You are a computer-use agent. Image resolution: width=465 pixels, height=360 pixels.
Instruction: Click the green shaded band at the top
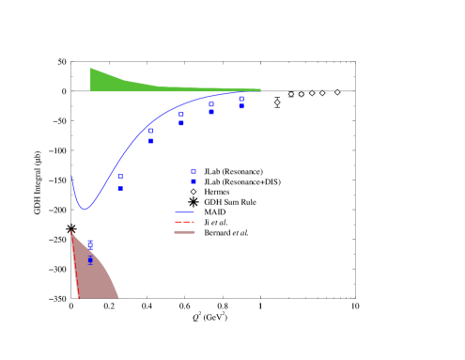coord(113,81)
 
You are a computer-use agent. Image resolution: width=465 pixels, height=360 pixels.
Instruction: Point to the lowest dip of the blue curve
coord(85,208)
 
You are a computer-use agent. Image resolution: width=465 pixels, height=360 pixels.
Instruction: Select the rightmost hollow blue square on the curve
coord(241,98)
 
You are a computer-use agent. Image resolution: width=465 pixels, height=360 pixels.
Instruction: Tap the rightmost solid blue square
coord(241,106)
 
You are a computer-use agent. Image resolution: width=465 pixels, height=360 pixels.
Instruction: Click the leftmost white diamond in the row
coord(277,102)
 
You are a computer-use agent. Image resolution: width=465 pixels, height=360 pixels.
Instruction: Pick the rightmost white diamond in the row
coord(337,92)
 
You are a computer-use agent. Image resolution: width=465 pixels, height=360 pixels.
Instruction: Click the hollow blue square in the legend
coord(194,171)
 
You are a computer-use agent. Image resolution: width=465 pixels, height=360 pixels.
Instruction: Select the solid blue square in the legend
coord(194,181)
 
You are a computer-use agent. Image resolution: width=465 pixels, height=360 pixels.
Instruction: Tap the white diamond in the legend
coord(194,192)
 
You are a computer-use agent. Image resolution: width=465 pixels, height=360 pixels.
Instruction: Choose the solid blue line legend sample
coord(184,212)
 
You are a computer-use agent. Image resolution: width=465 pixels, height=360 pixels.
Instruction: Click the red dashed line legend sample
coord(184,222)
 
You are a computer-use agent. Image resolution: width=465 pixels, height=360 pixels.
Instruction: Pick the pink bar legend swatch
coord(184,231)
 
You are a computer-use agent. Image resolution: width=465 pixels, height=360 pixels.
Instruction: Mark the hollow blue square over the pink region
coord(90,244)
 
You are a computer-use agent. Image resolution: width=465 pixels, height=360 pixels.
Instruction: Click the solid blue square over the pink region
coord(90,259)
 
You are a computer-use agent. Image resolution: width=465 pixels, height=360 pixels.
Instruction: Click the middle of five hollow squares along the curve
coord(181,114)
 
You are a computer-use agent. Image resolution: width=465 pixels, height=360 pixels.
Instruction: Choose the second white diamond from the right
coord(322,93)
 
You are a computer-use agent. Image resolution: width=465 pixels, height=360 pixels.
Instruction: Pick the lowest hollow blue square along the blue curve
coord(120,176)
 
